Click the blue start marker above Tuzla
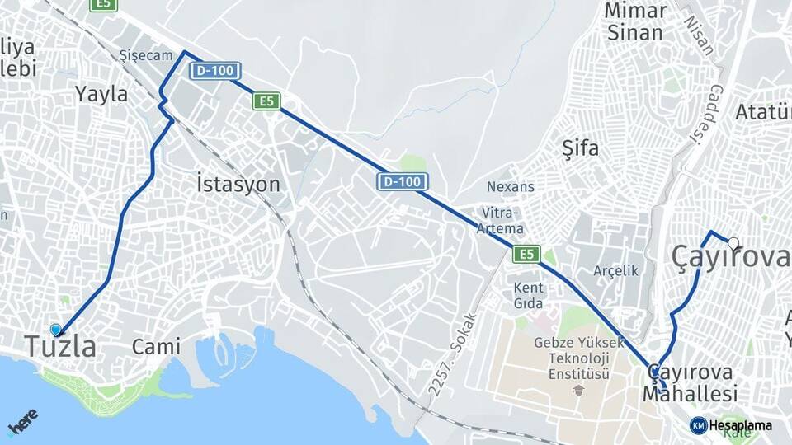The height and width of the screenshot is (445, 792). tap(56, 330)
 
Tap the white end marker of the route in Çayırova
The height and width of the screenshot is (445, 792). tap(733, 242)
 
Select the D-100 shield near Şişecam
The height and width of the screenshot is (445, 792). tap(214, 71)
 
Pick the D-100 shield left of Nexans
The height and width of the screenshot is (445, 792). tap(403, 180)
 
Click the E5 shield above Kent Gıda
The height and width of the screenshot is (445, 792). tap(526, 254)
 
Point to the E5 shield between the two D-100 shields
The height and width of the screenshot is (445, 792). tap(266, 101)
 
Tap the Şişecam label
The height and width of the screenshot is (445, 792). tap(146, 55)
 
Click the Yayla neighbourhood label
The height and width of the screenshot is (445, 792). tap(101, 93)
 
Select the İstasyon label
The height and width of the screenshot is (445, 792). tap(238, 183)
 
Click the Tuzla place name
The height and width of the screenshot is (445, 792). tap(60, 347)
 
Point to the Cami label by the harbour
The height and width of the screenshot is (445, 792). tap(156, 347)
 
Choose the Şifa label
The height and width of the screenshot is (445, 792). tap(580, 149)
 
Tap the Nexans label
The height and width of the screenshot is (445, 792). tap(511, 186)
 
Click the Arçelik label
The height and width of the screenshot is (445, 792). tap(616, 270)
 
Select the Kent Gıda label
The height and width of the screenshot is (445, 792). tap(529, 296)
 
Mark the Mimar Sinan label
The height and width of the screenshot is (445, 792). tap(635, 22)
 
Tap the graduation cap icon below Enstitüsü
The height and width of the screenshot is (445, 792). tap(579, 391)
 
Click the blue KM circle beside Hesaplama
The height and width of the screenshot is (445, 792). tap(698, 425)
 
